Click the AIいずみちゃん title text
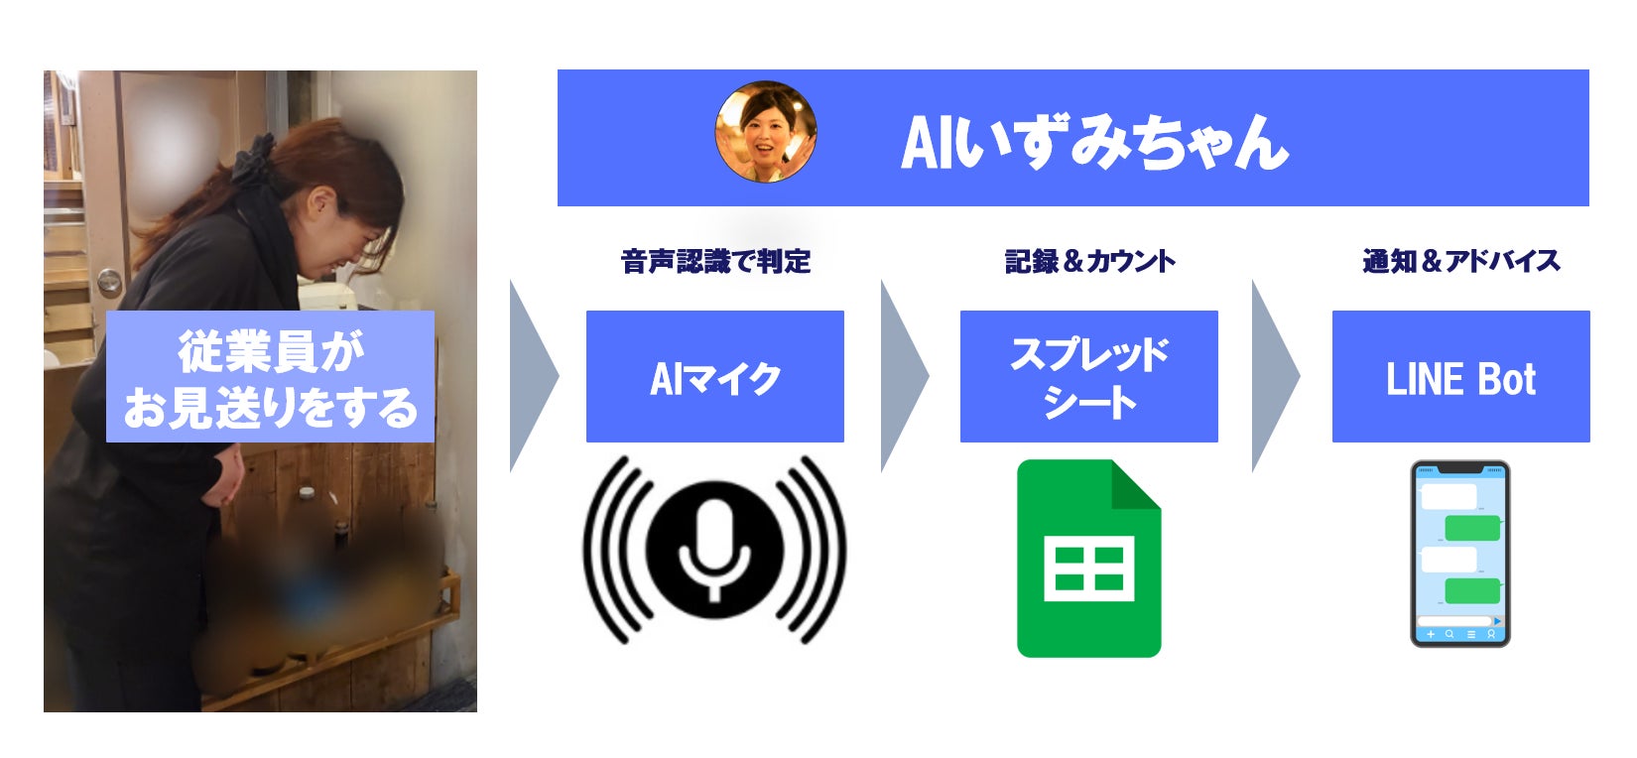[x=1094, y=142]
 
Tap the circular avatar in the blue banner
[x=766, y=132]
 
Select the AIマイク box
[x=714, y=376]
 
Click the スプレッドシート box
[x=1088, y=376]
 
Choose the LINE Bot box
[x=1460, y=376]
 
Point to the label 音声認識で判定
[x=715, y=261]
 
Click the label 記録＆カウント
[x=1089, y=261]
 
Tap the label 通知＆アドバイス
[x=1460, y=261]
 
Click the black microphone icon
[x=714, y=549]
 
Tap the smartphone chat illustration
[x=1459, y=554]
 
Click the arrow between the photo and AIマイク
[x=532, y=376]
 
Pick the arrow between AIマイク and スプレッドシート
[x=903, y=376]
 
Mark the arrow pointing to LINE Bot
[x=1274, y=376]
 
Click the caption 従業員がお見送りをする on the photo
[x=270, y=377]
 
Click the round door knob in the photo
[x=109, y=282]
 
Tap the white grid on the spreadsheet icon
[x=1088, y=568]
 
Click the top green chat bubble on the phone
[x=1471, y=528]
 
